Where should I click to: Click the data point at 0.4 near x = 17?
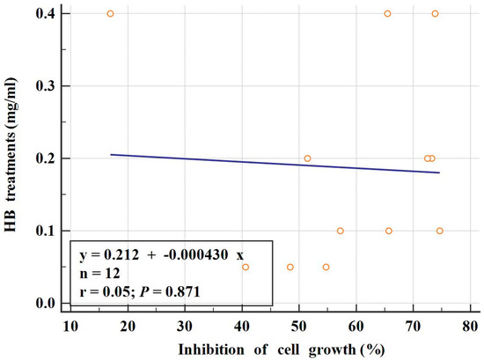coord(110,14)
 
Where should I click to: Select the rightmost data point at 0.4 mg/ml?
coord(435,14)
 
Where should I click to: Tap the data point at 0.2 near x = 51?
coord(307,158)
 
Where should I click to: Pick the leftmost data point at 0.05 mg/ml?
coord(246,267)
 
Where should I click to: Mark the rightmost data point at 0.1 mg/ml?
coord(439,231)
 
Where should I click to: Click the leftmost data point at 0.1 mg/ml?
coord(340,231)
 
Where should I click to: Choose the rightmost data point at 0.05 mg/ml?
coord(326,267)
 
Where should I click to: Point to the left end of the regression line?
coord(111,154)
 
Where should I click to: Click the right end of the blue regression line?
coord(439,173)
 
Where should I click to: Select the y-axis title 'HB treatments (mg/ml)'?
coord(15,158)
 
